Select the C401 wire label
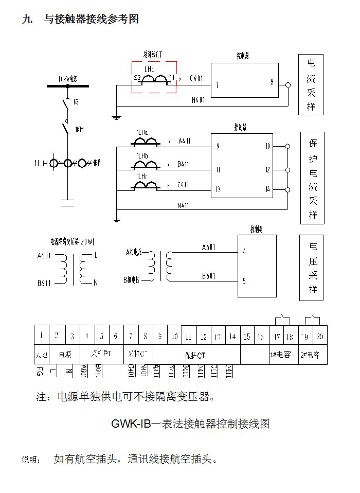[196, 79]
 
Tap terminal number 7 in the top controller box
[218, 85]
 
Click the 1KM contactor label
[79, 129]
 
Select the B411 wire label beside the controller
[183, 165]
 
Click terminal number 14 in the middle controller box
[267, 189]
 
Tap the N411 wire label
[183, 205]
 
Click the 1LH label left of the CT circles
[41, 164]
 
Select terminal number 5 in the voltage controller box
[244, 281]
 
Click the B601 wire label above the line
[208, 276]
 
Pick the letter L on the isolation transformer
[96, 256]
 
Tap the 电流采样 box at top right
[312, 85]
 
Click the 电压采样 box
[312, 268]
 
